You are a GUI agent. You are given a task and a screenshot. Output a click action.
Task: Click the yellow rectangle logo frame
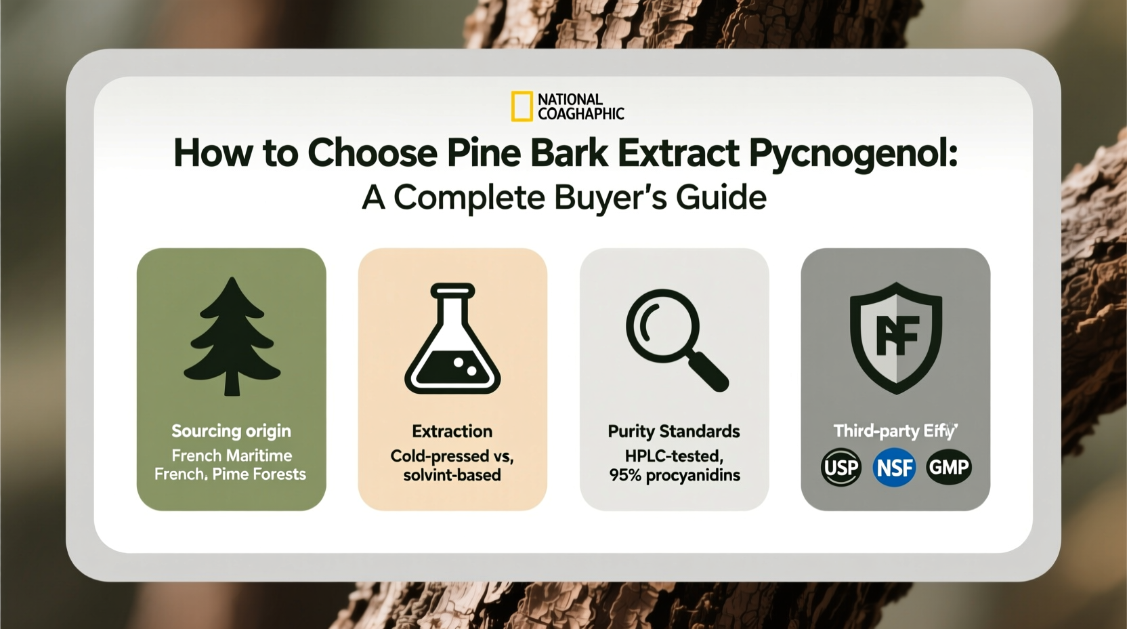[513, 107]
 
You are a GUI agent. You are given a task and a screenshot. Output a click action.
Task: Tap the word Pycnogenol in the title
[853, 153]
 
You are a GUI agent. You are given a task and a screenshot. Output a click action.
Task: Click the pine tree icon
[232, 336]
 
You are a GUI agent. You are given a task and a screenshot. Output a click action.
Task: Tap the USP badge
[841, 467]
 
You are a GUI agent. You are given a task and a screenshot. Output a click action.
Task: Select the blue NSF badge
[894, 467]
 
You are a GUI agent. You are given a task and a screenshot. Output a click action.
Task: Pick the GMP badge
[948, 467]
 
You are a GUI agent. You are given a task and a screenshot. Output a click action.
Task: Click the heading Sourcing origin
[231, 431]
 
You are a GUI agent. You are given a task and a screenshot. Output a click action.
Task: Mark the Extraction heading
[452, 431]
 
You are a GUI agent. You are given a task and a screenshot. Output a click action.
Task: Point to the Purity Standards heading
[674, 432]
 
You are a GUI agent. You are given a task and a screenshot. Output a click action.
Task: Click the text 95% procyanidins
[674, 475]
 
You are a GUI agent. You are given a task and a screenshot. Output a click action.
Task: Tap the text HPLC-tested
[674, 456]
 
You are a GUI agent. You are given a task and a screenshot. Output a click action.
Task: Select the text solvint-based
[452, 475]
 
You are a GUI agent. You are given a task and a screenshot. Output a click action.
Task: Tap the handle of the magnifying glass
[707, 371]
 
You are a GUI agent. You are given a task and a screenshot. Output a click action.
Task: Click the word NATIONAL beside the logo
[570, 99]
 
